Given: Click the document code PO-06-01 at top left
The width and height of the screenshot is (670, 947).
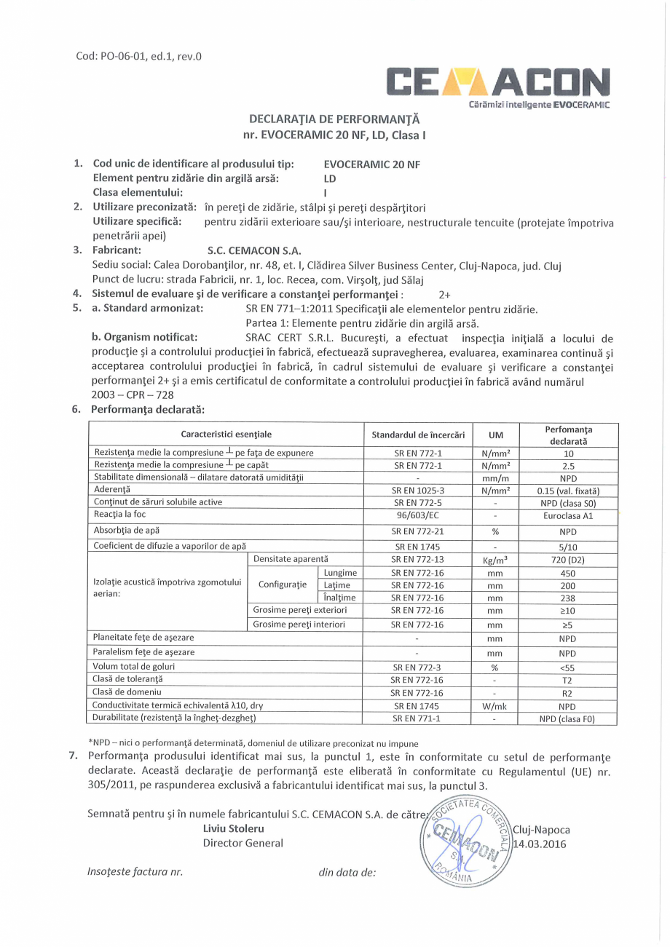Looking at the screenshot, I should point(138,56).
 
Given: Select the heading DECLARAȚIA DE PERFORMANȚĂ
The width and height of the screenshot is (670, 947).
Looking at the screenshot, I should point(335,119).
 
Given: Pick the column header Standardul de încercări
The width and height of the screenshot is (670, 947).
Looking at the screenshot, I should point(418,435).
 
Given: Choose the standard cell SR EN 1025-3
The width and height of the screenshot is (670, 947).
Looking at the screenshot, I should point(418,490).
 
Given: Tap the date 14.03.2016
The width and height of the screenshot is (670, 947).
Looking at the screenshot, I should point(540,844).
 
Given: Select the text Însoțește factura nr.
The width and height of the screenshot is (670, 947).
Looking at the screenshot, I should point(134,891).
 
